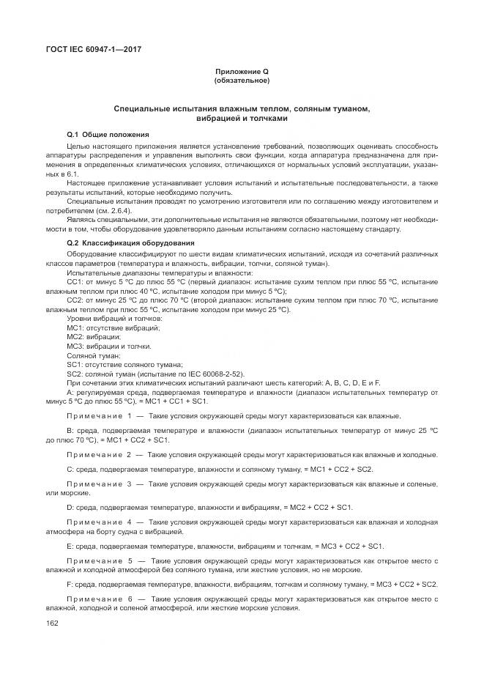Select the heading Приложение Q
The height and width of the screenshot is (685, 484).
(x=242, y=71)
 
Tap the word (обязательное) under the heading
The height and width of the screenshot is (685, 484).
(x=242, y=80)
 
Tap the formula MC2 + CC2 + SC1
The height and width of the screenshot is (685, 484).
(x=323, y=507)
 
